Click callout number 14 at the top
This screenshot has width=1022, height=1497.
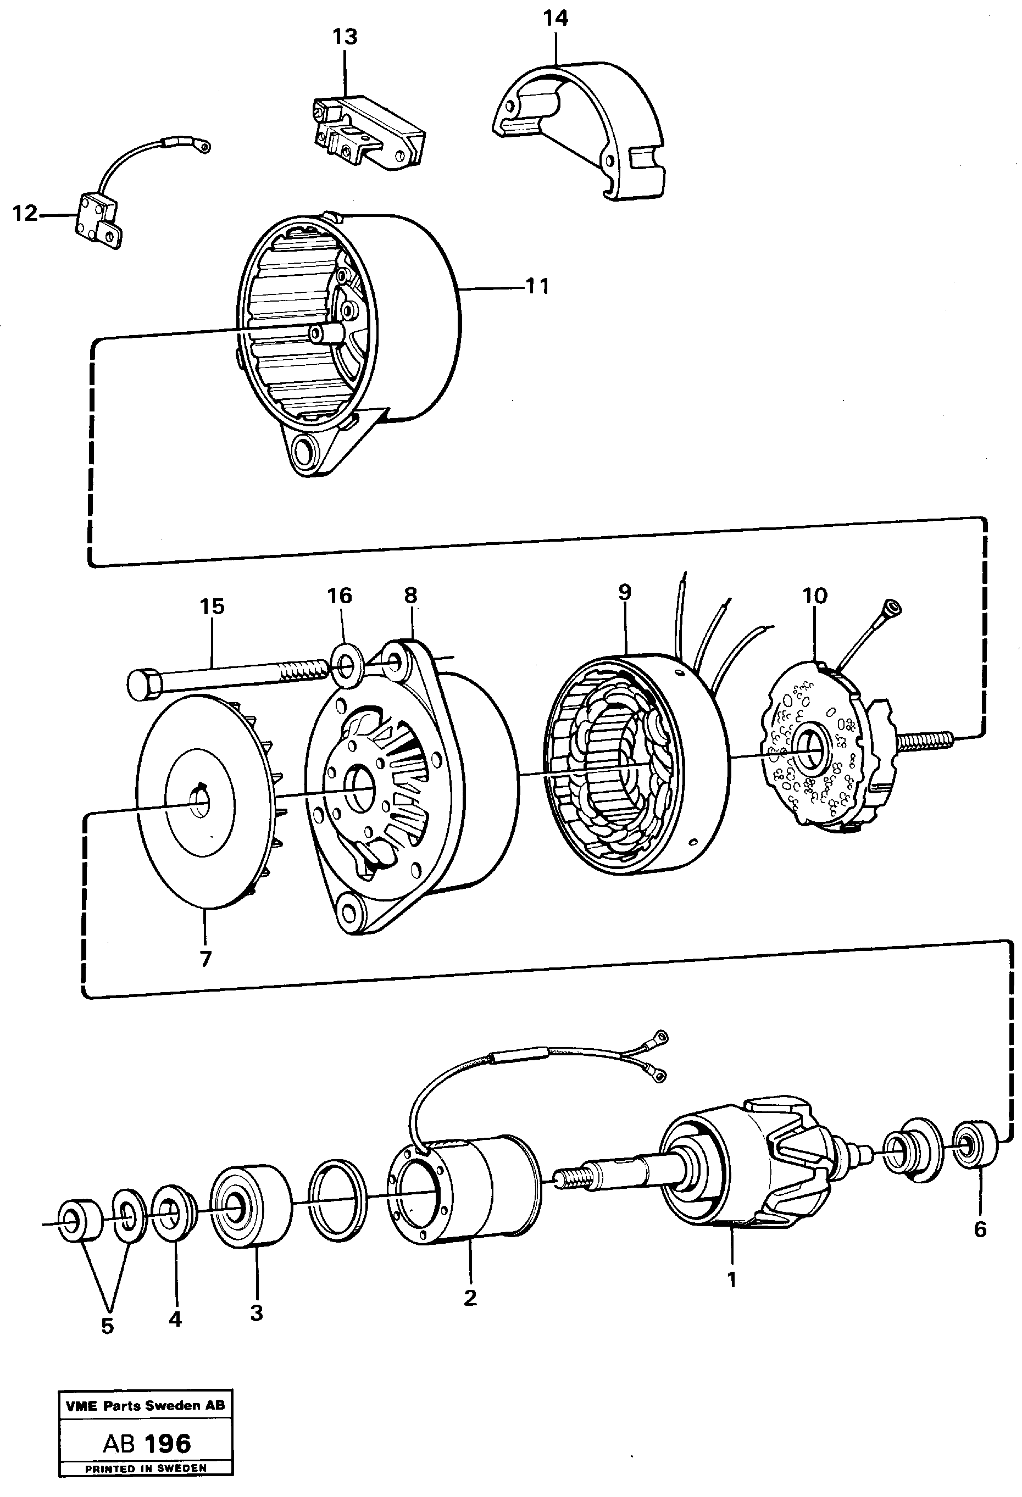click(555, 18)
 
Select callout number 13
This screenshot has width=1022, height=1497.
click(345, 37)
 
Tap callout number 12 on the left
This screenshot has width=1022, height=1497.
click(25, 213)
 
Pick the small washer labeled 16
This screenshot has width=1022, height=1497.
click(347, 661)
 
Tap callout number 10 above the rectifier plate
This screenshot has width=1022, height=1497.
click(814, 596)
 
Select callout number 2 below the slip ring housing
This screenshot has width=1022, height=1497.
click(470, 1298)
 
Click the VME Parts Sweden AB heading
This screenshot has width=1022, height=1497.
click(146, 1405)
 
